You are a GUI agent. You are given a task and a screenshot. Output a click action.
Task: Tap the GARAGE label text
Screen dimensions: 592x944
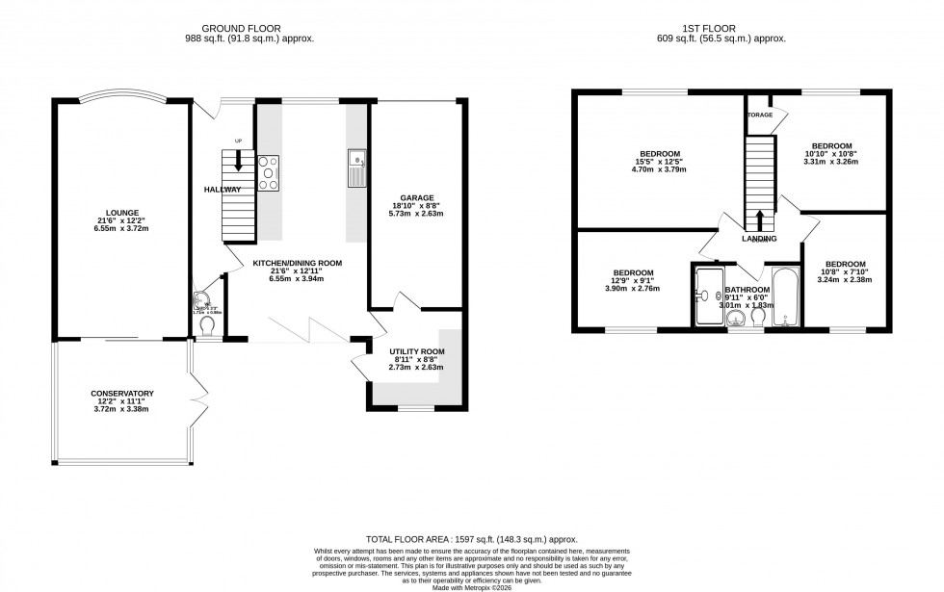pyautogui.click(x=417, y=198)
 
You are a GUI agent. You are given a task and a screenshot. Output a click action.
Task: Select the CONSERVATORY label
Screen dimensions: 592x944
pyautogui.click(x=122, y=393)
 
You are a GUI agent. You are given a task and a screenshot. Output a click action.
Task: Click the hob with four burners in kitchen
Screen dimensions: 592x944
pyautogui.click(x=268, y=173)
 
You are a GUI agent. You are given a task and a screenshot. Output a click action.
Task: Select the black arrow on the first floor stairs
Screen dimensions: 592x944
pyautogui.click(x=760, y=219)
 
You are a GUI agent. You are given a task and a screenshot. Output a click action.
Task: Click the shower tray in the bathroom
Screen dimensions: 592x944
pyautogui.click(x=708, y=295)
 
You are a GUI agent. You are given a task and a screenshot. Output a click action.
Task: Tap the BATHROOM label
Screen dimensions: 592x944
pyautogui.click(x=747, y=289)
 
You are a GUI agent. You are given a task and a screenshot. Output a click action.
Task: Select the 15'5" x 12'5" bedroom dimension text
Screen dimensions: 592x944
pyautogui.click(x=658, y=162)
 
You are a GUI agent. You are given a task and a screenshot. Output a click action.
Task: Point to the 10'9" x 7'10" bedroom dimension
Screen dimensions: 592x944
pyautogui.click(x=845, y=272)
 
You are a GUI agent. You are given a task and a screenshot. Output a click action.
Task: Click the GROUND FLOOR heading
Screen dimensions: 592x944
pyautogui.click(x=249, y=29)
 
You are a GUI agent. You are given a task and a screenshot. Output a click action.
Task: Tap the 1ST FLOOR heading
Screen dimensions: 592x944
pyautogui.click(x=728, y=29)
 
